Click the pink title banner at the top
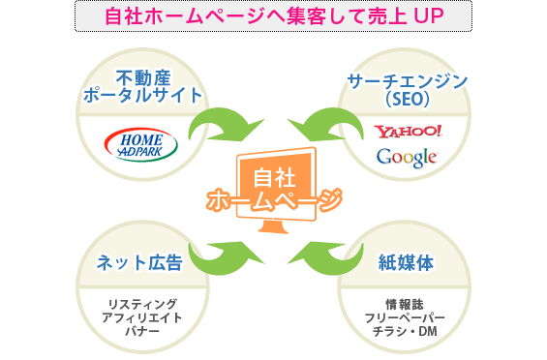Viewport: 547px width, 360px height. point(273,16)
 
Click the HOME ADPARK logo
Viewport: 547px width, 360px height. point(141,141)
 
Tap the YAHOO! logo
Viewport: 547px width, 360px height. point(408,131)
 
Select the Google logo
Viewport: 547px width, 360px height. point(407,157)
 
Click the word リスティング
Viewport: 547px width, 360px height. point(141,306)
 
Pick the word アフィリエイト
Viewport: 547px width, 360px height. point(141,318)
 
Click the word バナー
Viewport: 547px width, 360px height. point(141,332)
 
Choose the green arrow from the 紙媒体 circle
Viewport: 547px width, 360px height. point(324,255)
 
